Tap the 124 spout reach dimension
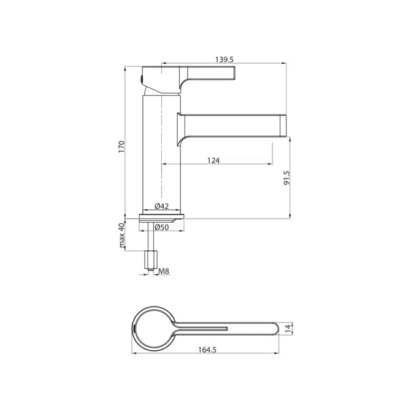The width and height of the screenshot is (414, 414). [213, 160]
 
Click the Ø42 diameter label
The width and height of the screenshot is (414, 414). [161, 205]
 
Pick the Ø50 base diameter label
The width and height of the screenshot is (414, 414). [161, 227]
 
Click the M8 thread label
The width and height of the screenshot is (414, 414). [164, 272]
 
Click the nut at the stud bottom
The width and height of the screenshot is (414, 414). [151, 261]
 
